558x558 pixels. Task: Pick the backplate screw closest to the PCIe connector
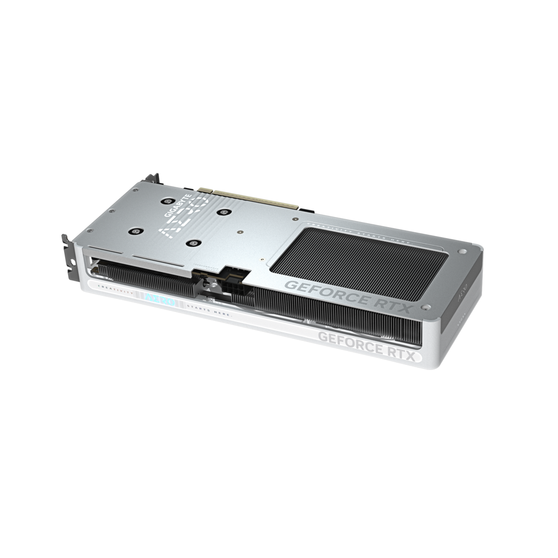tap(225, 211)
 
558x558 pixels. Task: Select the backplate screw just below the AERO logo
tap(194, 242)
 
